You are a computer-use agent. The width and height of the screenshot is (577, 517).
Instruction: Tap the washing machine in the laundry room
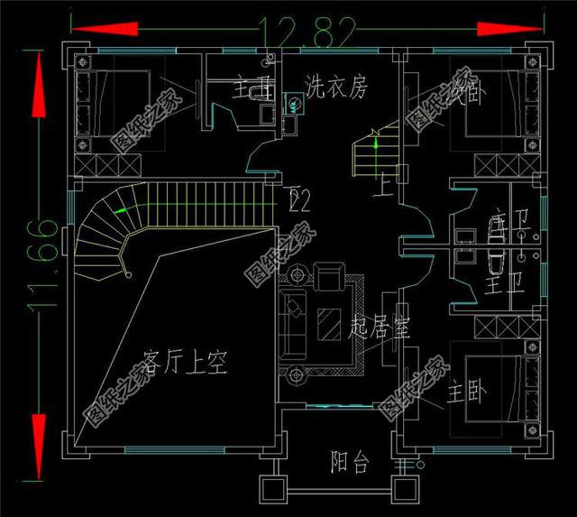294,105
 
